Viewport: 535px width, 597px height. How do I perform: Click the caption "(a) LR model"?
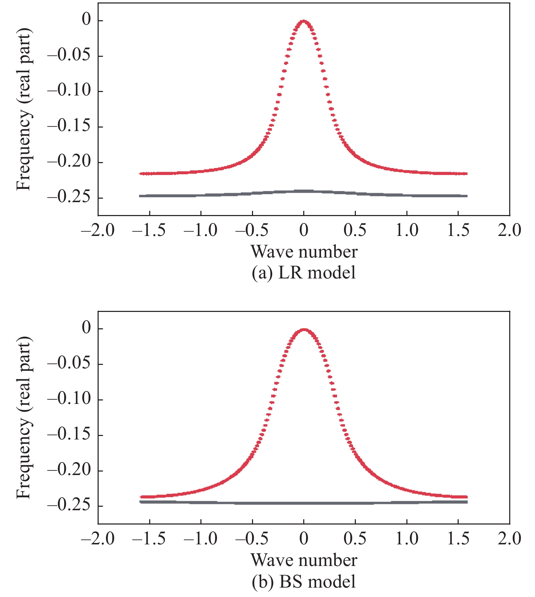click(304, 273)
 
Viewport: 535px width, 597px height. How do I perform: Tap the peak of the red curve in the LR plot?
click(304, 21)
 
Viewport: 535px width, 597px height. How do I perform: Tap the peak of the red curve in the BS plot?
click(304, 329)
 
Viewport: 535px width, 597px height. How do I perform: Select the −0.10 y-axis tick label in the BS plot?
click(69, 399)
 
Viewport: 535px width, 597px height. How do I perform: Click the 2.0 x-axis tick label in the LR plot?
click(509, 230)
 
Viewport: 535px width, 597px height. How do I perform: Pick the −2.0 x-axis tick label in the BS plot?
click(98, 539)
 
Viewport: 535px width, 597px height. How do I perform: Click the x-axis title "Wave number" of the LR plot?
click(304, 252)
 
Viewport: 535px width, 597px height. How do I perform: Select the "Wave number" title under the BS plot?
click(304, 560)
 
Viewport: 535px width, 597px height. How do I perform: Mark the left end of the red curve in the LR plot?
click(140, 173)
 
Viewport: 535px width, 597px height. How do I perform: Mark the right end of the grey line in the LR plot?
click(466, 196)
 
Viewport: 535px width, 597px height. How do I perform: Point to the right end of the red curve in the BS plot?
click(466, 497)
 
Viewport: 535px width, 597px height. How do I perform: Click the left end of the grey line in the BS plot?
click(140, 502)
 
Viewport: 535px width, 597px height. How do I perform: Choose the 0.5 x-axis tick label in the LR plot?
click(355, 230)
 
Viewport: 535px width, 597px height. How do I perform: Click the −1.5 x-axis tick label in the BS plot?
click(150, 539)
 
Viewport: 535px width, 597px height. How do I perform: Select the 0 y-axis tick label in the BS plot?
click(86, 329)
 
